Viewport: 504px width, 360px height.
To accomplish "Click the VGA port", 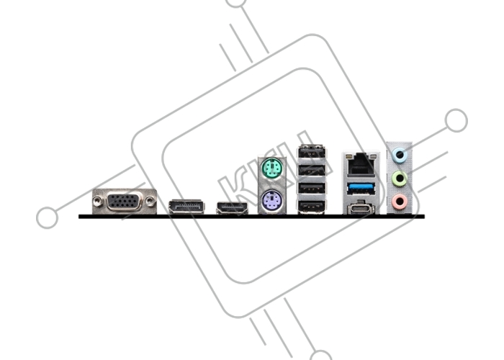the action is coord(125,202).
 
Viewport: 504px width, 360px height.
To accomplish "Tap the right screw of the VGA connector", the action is coord(150,201).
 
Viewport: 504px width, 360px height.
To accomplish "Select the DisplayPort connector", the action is coord(186,207).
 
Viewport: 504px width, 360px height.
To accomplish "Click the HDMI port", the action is coord(232,208).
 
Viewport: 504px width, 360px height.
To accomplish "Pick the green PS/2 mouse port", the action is coord(271,168).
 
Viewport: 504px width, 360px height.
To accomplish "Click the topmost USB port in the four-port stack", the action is coord(312,152).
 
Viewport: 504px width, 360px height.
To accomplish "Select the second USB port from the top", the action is coord(312,169).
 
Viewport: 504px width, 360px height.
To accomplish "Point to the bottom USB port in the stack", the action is coord(312,207).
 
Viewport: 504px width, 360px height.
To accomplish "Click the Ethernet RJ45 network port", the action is coord(360,165).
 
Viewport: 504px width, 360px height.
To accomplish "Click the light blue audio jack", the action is coord(400,155).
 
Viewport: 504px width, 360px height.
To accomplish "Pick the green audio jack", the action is coord(400,178).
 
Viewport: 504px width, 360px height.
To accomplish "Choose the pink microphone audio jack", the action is coord(400,202).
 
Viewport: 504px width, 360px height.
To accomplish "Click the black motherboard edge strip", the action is coord(252,217).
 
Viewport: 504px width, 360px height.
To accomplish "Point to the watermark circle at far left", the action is coord(48,217).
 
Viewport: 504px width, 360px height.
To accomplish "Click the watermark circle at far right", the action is coord(456,120).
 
